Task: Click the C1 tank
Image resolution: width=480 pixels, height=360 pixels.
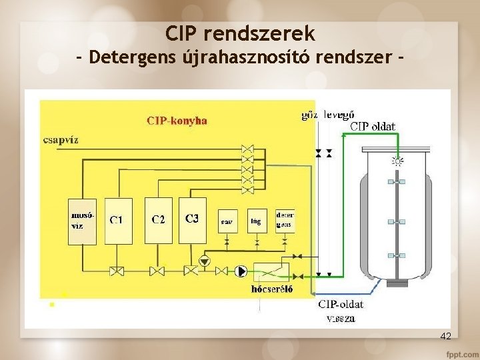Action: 118,221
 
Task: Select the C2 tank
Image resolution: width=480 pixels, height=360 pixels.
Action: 158,221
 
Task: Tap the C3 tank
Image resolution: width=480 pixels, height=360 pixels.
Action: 192,221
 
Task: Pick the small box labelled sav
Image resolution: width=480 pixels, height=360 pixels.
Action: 227,221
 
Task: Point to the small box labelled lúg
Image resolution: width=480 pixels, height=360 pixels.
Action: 255,221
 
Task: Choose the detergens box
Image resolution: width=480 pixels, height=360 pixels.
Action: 285,221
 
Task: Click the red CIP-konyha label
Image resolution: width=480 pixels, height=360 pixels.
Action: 177,121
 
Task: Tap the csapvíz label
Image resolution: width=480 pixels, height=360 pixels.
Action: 61,140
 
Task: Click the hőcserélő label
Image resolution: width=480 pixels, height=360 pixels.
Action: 271,289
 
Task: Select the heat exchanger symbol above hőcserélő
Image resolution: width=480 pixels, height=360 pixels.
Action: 271,271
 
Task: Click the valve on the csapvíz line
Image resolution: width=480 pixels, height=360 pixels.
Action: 247,149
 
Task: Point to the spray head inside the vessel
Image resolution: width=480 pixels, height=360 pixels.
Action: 397,161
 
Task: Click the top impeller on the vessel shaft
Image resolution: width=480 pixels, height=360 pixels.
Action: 397,181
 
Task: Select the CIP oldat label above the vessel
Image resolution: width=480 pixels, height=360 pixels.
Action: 373,126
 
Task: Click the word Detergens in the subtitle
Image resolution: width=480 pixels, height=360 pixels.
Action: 132,58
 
